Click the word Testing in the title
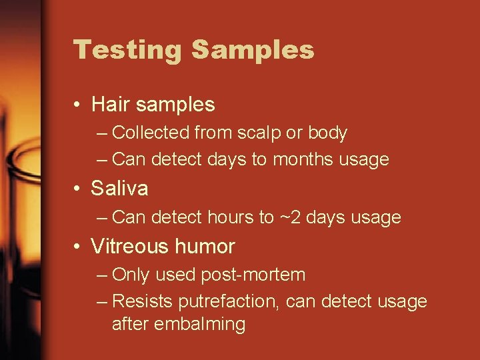pyautogui.click(x=127, y=50)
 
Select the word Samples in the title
pyautogui.click(x=253, y=50)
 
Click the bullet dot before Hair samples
pyautogui.click(x=78, y=105)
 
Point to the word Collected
pyautogui.click(x=151, y=133)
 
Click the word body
pyautogui.click(x=327, y=133)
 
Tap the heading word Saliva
pyautogui.click(x=119, y=189)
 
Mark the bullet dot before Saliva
pyautogui.click(x=78, y=189)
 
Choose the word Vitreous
pyautogui.click(x=129, y=247)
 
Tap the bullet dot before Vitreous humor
pyautogui.click(x=78, y=247)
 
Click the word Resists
pyautogui.click(x=143, y=302)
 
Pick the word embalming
pyautogui.click(x=199, y=325)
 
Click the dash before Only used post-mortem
pyautogui.click(x=101, y=275)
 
